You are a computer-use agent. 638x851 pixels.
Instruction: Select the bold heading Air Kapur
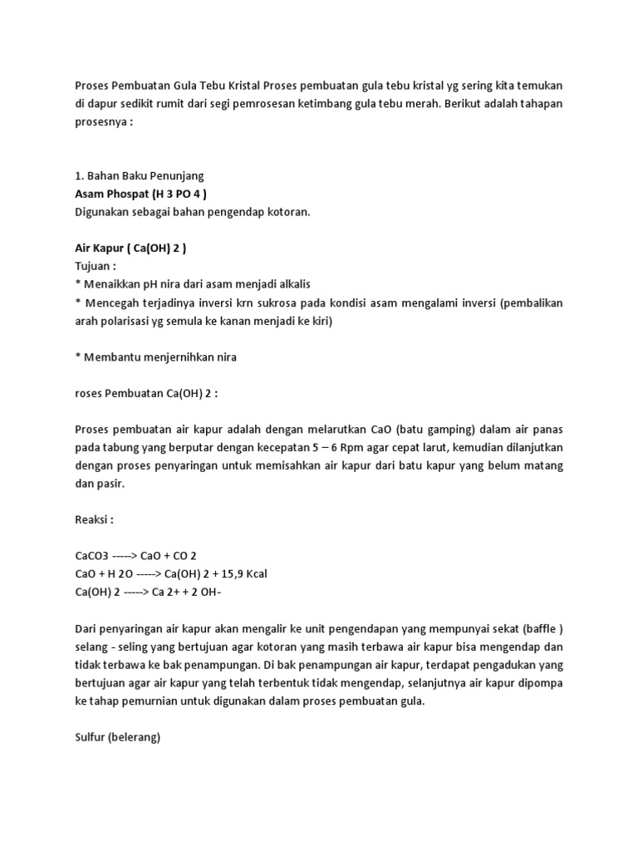(135, 248)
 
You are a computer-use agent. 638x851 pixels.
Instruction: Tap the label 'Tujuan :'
(95, 266)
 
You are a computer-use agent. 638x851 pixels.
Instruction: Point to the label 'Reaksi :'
(94, 519)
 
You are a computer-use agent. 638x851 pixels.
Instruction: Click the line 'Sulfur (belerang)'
(117, 735)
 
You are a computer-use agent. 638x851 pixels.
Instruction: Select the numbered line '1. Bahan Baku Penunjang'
(139, 175)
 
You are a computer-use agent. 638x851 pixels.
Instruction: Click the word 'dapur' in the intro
(105, 105)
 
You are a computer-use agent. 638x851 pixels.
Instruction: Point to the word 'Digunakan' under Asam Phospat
(103, 212)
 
